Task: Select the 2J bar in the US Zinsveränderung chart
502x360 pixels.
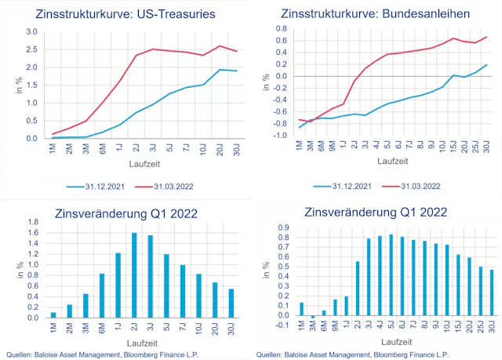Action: [134, 275]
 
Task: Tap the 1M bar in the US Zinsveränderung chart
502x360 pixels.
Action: [53, 315]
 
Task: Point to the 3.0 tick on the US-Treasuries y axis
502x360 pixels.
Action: [31, 31]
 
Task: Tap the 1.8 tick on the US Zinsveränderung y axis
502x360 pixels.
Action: [32, 224]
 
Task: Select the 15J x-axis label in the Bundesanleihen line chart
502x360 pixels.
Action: [453, 147]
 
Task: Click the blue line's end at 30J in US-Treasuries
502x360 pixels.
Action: [236, 71]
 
